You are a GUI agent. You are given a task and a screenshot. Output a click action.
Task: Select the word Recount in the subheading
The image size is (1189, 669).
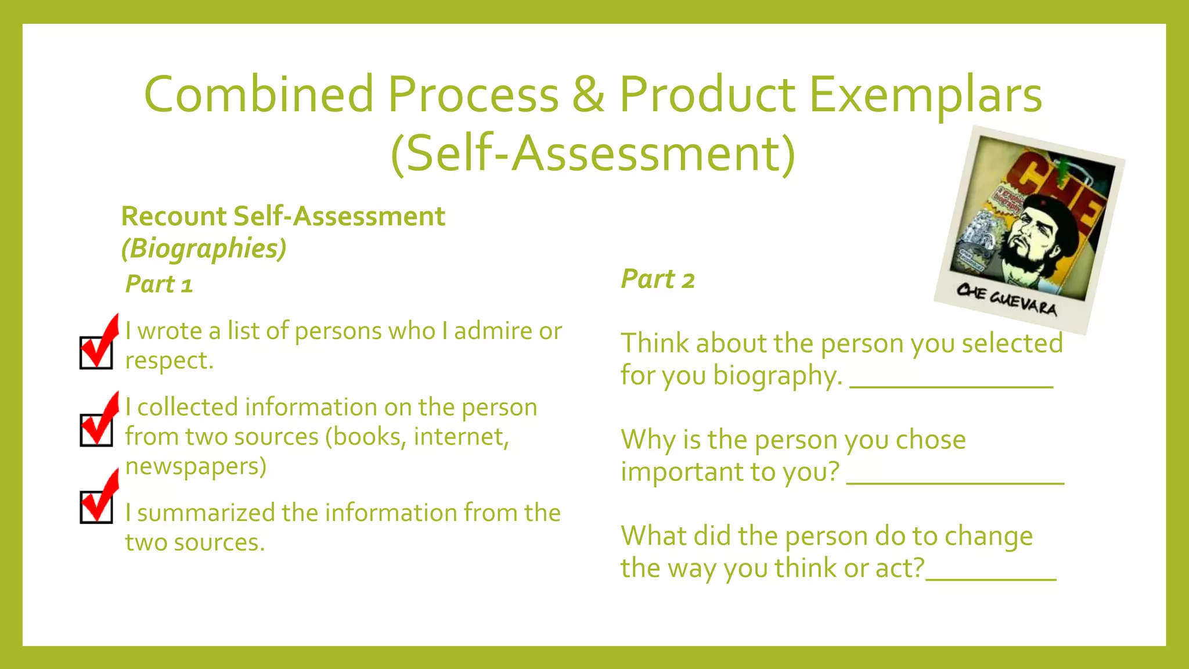pyautogui.click(x=174, y=217)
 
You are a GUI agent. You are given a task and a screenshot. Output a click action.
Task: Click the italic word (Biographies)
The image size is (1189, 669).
pyautogui.click(x=204, y=249)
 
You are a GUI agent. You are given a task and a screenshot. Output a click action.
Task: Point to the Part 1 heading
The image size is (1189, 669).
pyautogui.click(x=158, y=285)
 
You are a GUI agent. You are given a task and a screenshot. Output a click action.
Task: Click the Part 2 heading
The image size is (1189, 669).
pyautogui.click(x=658, y=279)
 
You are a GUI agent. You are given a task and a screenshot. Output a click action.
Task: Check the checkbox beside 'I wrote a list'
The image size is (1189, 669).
pyautogui.click(x=96, y=352)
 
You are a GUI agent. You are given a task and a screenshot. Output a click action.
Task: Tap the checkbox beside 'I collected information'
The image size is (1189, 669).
pyautogui.click(x=96, y=430)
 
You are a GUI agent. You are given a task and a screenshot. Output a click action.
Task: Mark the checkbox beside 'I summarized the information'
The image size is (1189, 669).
pyautogui.click(x=96, y=507)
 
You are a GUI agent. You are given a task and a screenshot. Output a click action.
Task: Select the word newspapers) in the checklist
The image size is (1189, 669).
pyautogui.click(x=196, y=466)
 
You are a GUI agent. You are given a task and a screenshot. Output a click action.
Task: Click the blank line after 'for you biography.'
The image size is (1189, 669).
pyautogui.click(x=951, y=384)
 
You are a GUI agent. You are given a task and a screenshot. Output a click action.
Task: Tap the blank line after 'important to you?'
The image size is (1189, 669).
pyautogui.click(x=955, y=481)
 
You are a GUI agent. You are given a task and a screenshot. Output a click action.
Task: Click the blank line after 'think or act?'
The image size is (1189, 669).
pyautogui.click(x=990, y=577)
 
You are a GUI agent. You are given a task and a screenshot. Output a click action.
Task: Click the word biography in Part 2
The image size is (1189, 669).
pyautogui.click(x=777, y=376)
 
